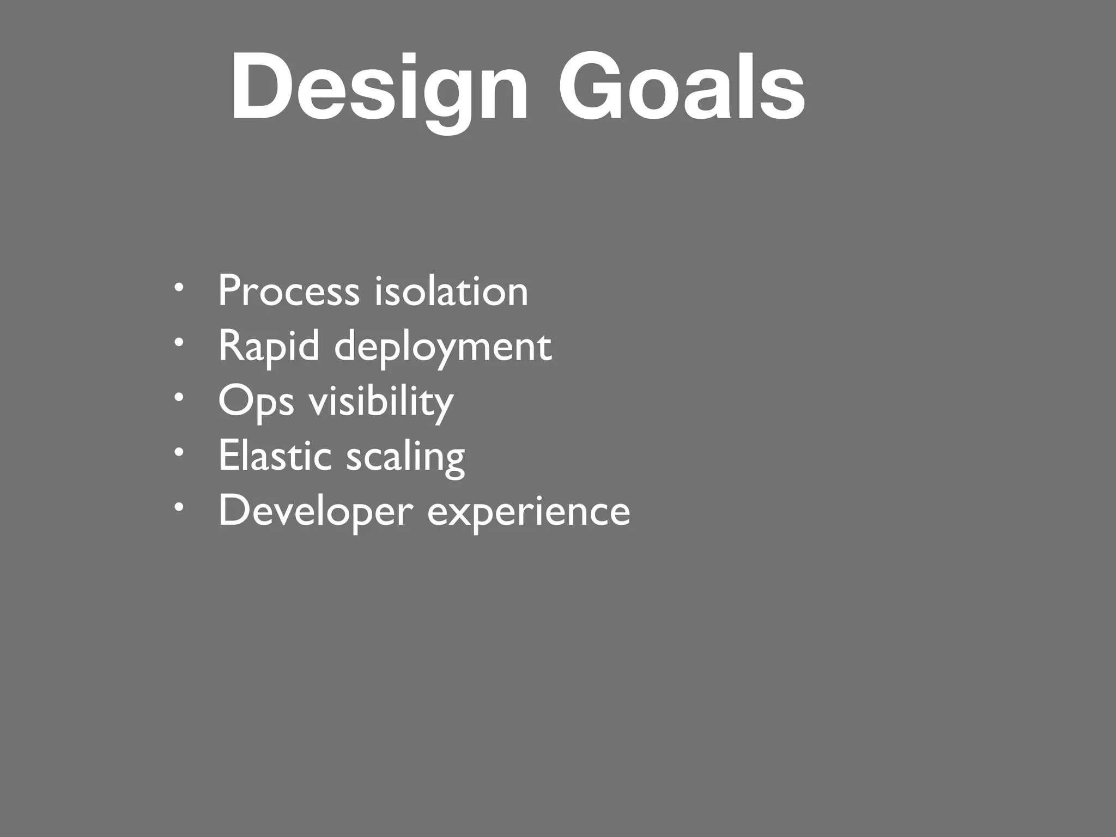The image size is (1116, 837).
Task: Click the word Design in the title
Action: click(x=379, y=87)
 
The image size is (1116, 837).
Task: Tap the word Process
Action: click(x=289, y=291)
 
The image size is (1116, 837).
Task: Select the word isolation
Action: click(x=451, y=291)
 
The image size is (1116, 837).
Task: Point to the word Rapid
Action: click(x=269, y=347)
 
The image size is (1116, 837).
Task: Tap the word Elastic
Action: click(x=275, y=456)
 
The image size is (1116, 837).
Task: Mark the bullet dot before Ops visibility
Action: click(x=179, y=397)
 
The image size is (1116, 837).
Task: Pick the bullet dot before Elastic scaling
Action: click(x=179, y=452)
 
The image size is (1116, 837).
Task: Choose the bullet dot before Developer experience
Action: click(x=179, y=507)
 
